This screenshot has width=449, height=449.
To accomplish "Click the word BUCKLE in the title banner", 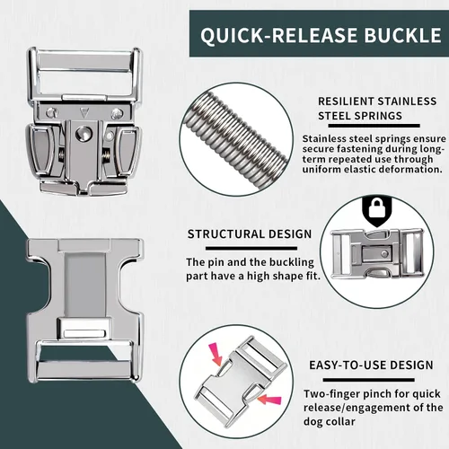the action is tap(402, 35).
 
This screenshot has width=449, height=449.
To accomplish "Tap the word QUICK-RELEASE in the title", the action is tap(280, 36).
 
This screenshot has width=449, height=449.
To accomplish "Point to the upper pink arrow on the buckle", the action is tap(216, 354).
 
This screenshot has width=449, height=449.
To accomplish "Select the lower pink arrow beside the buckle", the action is tap(269, 400).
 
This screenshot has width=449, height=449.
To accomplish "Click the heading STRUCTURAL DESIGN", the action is tap(250, 234).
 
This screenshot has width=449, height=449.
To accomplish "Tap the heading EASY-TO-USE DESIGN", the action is tap(371, 365).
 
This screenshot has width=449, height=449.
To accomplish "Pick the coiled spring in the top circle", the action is tap(237, 139).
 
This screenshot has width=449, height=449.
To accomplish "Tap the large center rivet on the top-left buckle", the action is tap(84, 133).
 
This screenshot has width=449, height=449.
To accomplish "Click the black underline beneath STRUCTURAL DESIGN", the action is tap(251, 249).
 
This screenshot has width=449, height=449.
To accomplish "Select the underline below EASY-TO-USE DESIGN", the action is tap(368, 380).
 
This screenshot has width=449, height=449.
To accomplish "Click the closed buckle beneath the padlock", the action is tap(377, 254).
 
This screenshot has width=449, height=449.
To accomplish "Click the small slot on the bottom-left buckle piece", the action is tap(85, 333).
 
